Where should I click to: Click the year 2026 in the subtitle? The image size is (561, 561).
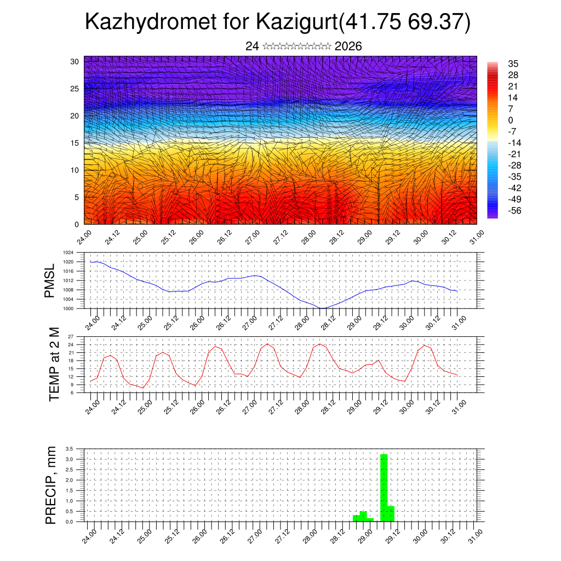point(348,47)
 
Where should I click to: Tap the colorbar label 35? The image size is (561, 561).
point(513,64)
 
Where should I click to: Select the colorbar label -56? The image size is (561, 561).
point(515,210)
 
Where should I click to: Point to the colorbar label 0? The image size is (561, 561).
point(511,120)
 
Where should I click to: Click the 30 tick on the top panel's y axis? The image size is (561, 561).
point(75,61)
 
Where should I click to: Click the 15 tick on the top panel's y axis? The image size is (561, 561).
point(75,143)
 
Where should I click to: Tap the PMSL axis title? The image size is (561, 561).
point(50,281)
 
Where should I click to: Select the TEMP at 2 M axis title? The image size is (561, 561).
point(54,364)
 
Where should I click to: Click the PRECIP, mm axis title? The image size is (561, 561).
point(51,485)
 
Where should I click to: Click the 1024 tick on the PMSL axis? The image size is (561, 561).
point(68,253)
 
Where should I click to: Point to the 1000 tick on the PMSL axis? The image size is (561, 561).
point(68,308)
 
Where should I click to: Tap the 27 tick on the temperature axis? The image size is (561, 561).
point(71,336)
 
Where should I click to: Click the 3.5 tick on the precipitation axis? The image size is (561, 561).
point(69,449)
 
